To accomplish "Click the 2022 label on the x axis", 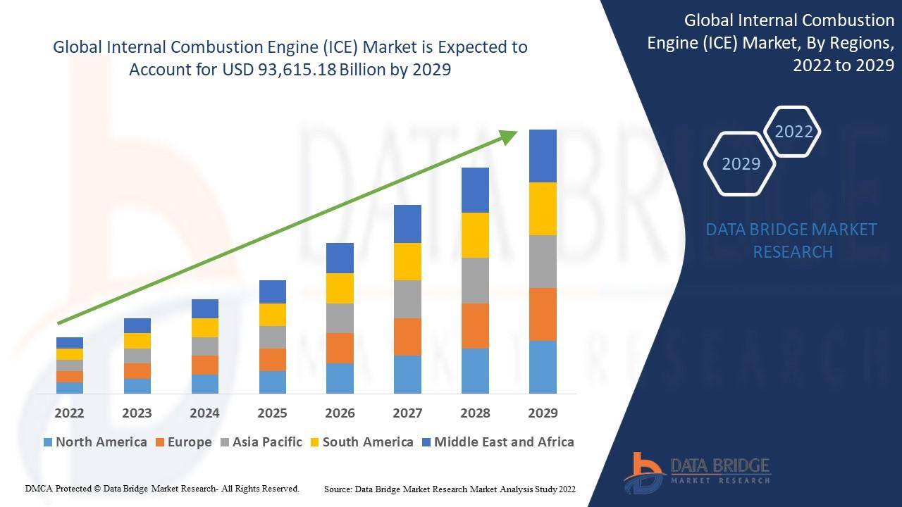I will point(69,413).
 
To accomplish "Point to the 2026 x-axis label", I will point(340,413).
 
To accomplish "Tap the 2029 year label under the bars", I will point(543,413).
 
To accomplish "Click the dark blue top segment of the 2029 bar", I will point(543,156).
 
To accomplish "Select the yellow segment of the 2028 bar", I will point(475,235).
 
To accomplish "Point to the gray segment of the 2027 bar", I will point(407,299).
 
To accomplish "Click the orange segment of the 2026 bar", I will point(340,348).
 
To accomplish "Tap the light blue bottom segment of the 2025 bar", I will point(272,382).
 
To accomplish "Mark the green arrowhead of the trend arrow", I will point(509,136).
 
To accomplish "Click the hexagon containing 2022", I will point(793,132).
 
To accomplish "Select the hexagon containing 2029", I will point(741,163).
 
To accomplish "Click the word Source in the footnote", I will point(338,489).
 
